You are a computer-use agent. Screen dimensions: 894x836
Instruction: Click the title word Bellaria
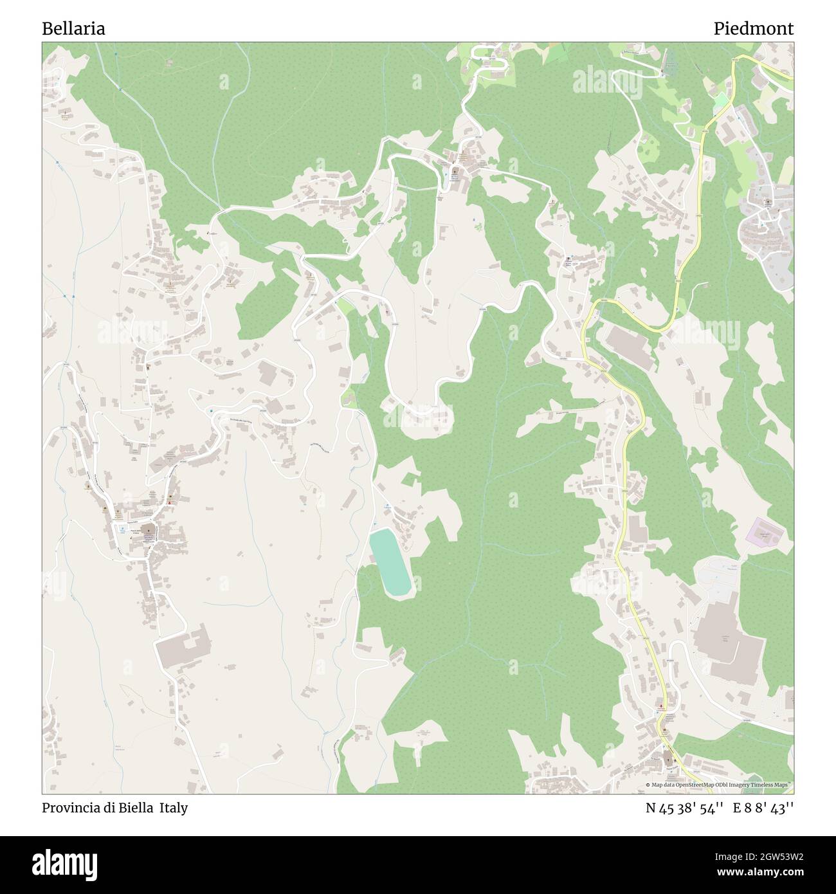tap(74, 28)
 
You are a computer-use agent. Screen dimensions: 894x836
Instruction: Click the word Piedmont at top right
tap(753, 28)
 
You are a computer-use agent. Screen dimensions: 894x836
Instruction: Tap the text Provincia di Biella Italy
tap(115, 808)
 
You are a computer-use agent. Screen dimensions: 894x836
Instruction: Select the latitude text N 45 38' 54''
tap(686, 808)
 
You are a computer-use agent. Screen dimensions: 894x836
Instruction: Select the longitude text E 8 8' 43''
tap(763, 808)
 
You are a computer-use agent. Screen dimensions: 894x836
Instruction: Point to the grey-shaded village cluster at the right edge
tap(765, 232)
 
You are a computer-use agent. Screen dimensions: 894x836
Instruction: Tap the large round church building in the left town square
tap(149, 531)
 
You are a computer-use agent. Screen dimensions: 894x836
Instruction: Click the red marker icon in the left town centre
tap(170, 501)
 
